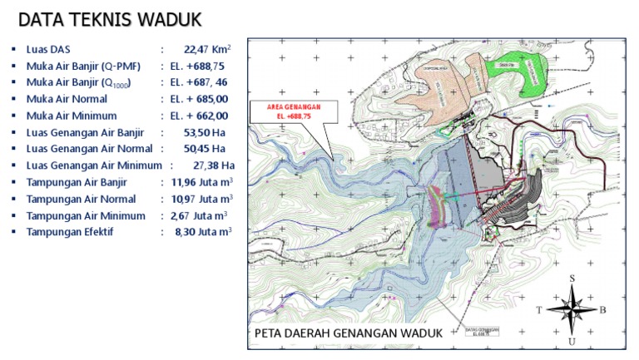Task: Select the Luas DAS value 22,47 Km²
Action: (x=207, y=49)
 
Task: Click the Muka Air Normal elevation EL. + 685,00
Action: (x=199, y=99)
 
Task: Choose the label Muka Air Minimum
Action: (x=72, y=116)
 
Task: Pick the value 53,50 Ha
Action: (x=205, y=132)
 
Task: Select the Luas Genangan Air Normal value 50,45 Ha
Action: (x=205, y=149)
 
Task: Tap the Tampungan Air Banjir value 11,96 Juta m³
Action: (x=202, y=182)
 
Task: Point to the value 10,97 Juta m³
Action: (x=202, y=199)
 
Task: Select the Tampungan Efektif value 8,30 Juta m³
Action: (x=203, y=232)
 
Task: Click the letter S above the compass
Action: (x=572, y=279)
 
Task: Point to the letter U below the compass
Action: (x=572, y=340)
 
